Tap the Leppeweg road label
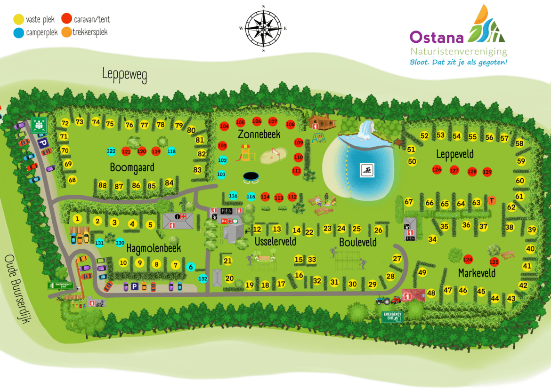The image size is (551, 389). click(x=125, y=74)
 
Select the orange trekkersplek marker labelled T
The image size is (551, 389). click(x=492, y=200)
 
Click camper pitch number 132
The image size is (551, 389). click(x=203, y=278)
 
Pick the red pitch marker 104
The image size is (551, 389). click(x=224, y=126)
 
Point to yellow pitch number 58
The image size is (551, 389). click(x=519, y=143)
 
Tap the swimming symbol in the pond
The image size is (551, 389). click(x=367, y=170)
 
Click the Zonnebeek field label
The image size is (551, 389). click(x=259, y=135)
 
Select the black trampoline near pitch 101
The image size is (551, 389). click(x=251, y=177)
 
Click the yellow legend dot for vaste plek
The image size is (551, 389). click(x=18, y=20)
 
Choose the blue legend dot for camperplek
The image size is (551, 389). click(x=18, y=33)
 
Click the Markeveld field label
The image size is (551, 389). click(x=477, y=273)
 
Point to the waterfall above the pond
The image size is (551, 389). click(x=365, y=130)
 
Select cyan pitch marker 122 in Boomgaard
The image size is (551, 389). click(x=111, y=151)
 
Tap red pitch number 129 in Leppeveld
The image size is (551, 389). click(x=487, y=172)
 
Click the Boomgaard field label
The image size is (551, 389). click(x=132, y=167)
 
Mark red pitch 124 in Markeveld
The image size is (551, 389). click(x=468, y=259)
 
